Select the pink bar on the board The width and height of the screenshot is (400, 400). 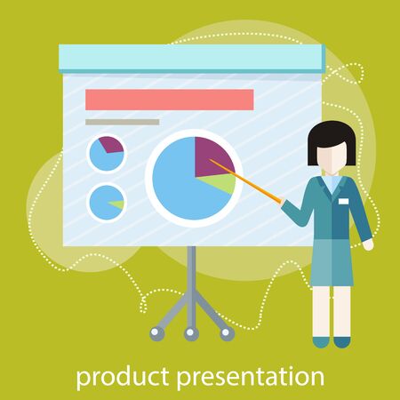click(x=169, y=99)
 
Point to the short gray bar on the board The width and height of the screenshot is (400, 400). click(x=122, y=122)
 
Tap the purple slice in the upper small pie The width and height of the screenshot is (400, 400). click(x=113, y=145)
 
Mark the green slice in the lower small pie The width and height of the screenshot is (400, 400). click(x=116, y=204)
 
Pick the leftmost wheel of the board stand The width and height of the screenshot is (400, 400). click(x=156, y=332)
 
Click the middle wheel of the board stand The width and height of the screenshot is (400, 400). click(x=190, y=333)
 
